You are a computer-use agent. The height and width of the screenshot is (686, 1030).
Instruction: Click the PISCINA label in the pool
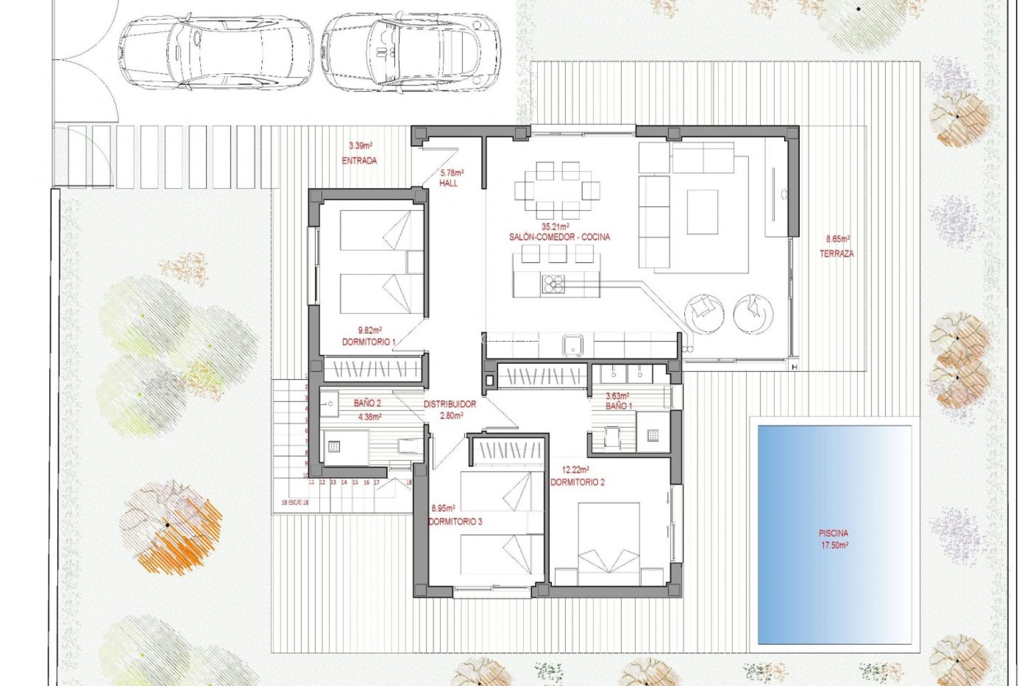pos(833,533)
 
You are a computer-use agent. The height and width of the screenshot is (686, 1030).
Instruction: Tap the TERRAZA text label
pos(836,253)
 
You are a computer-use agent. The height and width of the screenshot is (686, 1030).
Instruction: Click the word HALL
pos(448,183)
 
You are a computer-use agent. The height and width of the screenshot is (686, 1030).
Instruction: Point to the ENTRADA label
pos(359,160)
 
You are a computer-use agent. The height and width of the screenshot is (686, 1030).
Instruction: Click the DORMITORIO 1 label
pos(369,342)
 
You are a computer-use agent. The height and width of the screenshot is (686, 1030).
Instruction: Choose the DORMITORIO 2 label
pos(577,482)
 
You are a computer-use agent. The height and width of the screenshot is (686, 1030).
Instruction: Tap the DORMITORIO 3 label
pos(455,521)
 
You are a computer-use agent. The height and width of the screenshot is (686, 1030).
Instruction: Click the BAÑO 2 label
pos(367,403)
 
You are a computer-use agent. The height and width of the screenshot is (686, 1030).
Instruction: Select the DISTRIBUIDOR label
pos(450,404)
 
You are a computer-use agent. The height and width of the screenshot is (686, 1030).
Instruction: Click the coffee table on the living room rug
pos(702,212)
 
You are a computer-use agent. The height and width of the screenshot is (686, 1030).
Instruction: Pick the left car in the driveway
pos(215,51)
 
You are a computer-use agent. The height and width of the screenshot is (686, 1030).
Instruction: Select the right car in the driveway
pos(411,49)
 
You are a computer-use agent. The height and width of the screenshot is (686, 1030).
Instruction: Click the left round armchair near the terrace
pos(704,314)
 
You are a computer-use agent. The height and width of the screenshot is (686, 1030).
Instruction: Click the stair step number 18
pos(409,482)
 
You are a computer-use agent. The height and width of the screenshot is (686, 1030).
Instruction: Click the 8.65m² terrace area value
pos(837,239)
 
